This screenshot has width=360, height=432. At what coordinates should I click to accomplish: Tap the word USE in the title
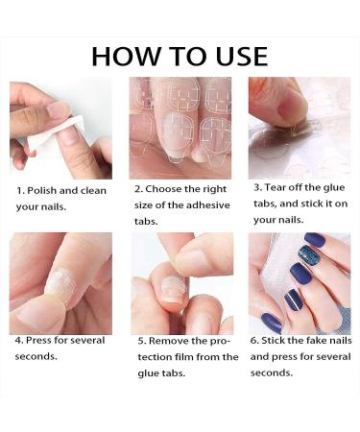[234, 56]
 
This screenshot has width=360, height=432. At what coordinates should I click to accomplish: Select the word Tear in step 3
[277, 187]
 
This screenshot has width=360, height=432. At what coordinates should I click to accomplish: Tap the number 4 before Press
[17, 340]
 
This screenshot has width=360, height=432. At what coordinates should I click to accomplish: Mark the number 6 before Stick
[253, 340]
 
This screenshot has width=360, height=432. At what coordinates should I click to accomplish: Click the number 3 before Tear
[256, 187]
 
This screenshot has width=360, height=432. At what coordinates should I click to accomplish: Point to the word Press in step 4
[41, 340]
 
